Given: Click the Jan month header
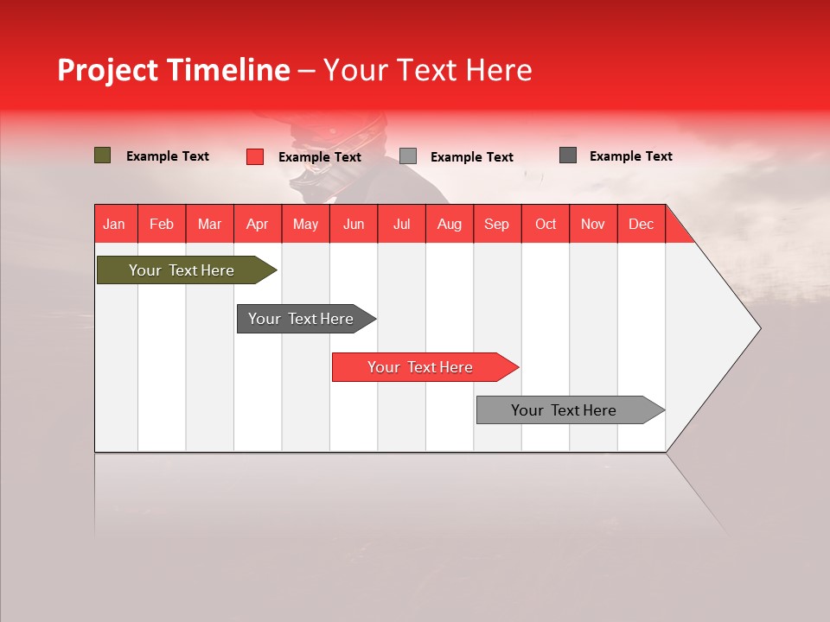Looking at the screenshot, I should [x=114, y=224].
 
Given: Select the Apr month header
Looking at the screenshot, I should [x=257, y=224].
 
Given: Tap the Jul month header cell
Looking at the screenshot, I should [x=401, y=224].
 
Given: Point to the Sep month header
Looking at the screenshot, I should [x=496, y=224].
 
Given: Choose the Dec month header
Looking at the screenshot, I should [x=641, y=224].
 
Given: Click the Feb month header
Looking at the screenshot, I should [x=162, y=224].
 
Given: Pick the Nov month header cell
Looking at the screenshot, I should [x=592, y=224].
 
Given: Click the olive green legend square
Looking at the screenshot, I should [x=102, y=155].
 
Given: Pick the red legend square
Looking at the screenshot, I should [x=254, y=156].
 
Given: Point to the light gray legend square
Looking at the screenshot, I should [x=408, y=156].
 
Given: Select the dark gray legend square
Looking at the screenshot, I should [x=567, y=155].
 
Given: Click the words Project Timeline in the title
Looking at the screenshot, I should [x=173, y=70].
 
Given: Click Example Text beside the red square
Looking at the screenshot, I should [x=319, y=157].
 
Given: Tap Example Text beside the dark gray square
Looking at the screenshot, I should [x=630, y=156].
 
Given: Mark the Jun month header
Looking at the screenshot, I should [x=353, y=224].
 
